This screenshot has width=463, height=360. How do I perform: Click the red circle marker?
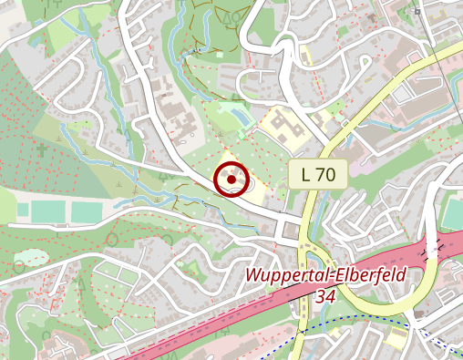point(231,180)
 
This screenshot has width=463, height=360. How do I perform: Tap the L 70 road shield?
point(318,175)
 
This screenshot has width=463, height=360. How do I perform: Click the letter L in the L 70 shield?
point(304,175)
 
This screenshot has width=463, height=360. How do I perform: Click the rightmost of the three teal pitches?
point(87,211)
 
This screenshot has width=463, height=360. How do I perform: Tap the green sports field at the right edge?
point(453,214)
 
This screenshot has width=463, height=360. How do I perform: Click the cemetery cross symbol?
point(41,149)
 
